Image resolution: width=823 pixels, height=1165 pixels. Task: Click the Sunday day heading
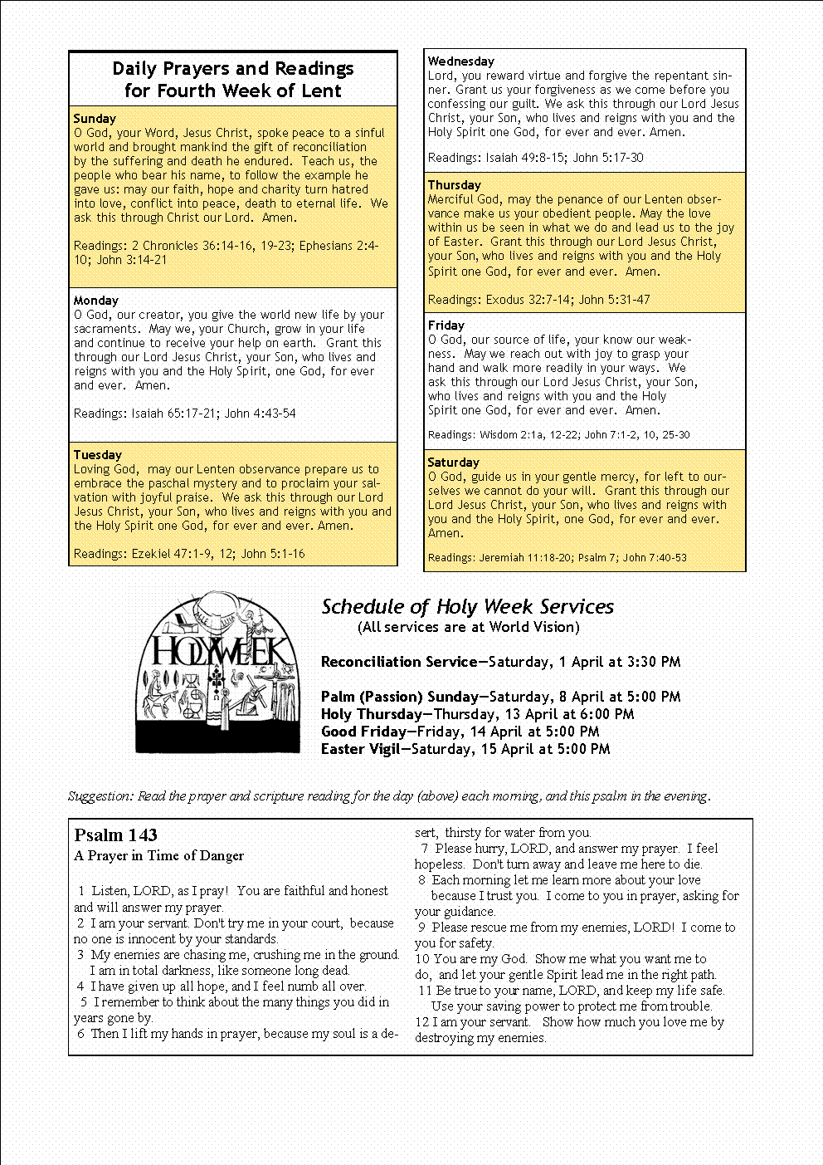(x=95, y=119)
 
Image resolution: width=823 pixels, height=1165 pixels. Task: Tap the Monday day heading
(x=96, y=301)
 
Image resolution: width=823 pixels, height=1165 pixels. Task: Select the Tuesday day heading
(x=97, y=455)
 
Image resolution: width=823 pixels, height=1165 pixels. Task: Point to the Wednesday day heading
(x=460, y=61)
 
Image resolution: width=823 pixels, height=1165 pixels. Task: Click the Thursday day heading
(x=454, y=185)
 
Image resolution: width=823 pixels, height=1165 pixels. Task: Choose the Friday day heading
(x=446, y=326)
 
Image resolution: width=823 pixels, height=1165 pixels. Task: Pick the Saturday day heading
(x=453, y=463)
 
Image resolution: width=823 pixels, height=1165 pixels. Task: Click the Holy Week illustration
(x=217, y=673)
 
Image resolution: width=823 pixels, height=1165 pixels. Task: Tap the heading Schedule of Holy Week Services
(x=467, y=607)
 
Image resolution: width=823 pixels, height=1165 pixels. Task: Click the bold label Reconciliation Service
(x=396, y=662)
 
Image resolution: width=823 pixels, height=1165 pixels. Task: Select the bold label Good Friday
(x=362, y=732)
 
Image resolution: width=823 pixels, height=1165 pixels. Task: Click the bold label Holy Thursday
(x=371, y=714)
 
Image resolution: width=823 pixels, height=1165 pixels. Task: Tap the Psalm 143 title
(x=115, y=835)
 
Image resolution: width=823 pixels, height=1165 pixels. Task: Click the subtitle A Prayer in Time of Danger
(x=158, y=856)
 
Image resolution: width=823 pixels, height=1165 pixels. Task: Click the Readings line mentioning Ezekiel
(x=189, y=554)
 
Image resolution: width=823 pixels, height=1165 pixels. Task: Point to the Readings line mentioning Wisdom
(x=558, y=434)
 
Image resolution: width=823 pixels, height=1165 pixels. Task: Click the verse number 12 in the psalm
(x=421, y=1022)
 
